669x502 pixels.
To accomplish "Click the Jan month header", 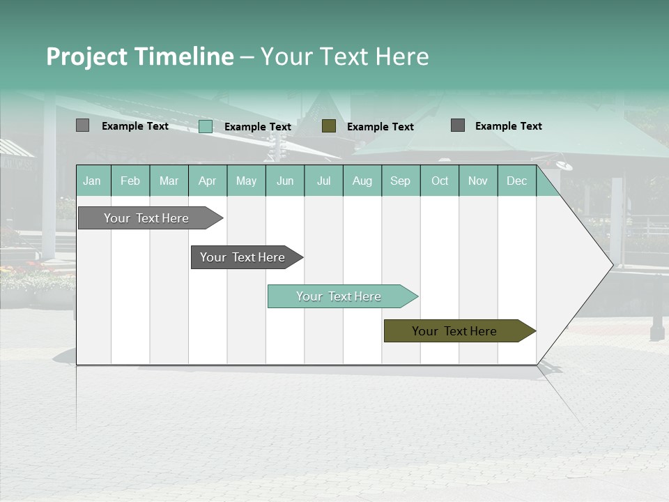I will coord(93,181).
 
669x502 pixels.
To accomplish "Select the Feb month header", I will coord(130,181).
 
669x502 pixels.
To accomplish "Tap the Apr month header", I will coord(208,181).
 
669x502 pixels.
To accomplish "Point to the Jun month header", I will coord(285,181).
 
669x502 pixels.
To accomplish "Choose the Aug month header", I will coord(362,181).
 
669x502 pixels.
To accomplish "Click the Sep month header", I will coord(401,181).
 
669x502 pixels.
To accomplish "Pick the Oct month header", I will coord(440,181).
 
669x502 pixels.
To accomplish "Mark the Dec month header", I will coord(517,181).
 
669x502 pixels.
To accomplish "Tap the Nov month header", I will coord(478,181).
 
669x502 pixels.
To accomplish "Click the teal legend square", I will coord(206,126).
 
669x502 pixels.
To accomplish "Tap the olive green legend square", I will coord(329,125).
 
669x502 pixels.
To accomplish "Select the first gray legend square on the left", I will coord(83,125).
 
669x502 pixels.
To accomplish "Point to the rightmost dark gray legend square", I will coord(458,125).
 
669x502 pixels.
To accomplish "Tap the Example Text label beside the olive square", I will coord(380,127).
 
